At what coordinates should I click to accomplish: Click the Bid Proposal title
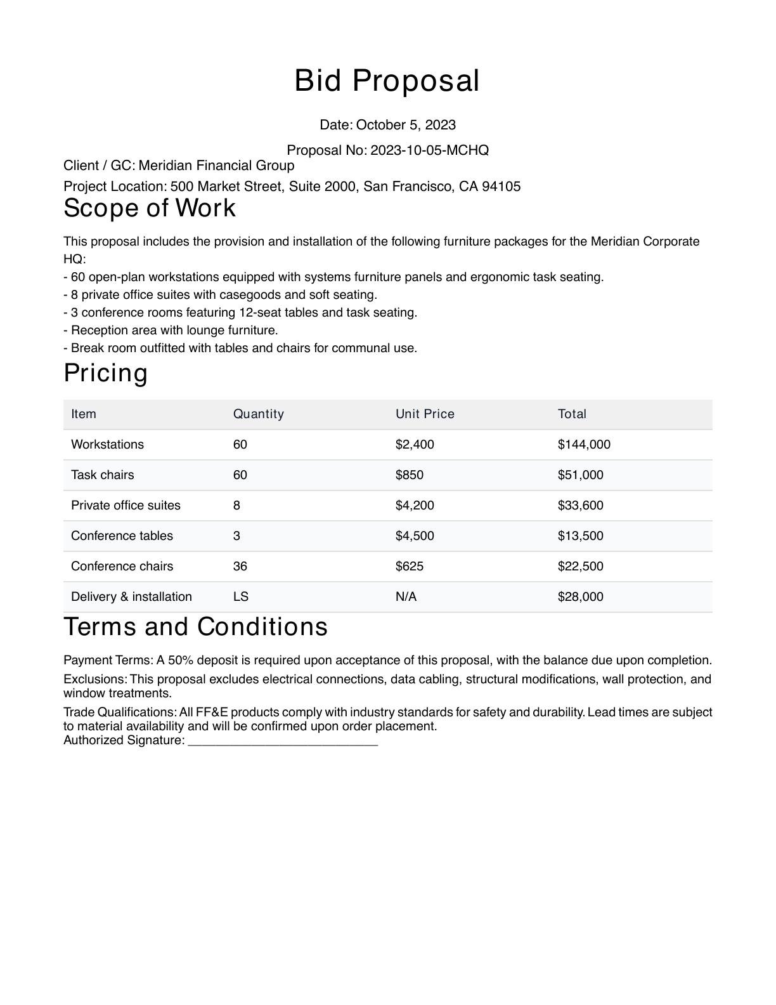(x=387, y=81)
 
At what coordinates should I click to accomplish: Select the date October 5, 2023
(x=406, y=125)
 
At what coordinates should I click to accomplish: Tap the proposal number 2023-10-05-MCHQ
(x=429, y=150)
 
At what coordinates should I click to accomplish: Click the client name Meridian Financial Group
(x=216, y=166)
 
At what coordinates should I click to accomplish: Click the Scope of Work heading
(x=150, y=208)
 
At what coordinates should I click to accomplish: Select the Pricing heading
(x=105, y=373)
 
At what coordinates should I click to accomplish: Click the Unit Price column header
(x=425, y=414)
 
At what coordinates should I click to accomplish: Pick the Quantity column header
(x=258, y=414)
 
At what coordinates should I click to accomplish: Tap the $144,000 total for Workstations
(x=584, y=445)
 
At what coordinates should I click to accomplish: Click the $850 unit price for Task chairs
(x=409, y=475)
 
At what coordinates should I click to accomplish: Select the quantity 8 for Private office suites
(x=236, y=506)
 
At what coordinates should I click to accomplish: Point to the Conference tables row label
(x=122, y=536)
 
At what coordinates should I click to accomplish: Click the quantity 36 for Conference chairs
(x=240, y=567)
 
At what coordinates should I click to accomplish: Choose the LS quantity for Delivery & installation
(x=240, y=597)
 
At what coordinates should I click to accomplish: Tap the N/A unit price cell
(x=406, y=597)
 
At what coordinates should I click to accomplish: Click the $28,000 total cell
(x=580, y=597)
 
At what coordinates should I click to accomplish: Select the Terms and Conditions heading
(x=195, y=627)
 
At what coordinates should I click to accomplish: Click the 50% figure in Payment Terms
(x=180, y=660)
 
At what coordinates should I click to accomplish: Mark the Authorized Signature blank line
(x=283, y=741)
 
